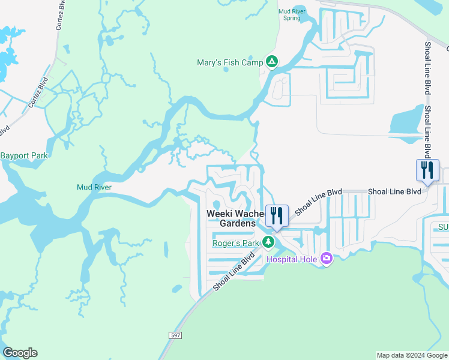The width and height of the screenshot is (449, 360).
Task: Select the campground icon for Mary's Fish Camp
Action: pyautogui.click(x=272, y=62)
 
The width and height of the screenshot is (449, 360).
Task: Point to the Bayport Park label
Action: pyautogui.click(x=23, y=156)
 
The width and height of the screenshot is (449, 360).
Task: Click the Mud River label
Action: pyautogui.click(x=94, y=187)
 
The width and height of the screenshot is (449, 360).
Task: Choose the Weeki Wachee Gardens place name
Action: pyautogui.click(x=235, y=218)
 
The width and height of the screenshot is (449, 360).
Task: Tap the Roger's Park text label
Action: pyautogui.click(x=235, y=243)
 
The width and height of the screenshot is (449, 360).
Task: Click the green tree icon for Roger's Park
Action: pyautogui.click(x=269, y=242)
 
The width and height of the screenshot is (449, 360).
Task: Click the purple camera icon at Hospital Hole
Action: pyautogui.click(x=326, y=258)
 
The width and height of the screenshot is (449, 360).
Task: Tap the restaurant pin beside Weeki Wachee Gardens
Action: pyautogui.click(x=277, y=216)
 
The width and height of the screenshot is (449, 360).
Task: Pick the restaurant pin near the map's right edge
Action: pyautogui.click(x=427, y=170)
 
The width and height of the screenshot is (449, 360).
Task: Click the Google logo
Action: pyautogui.click(x=20, y=353)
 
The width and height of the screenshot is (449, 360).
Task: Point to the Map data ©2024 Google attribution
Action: pyautogui.click(x=412, y=355)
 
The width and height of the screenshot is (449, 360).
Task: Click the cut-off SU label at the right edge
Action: pyautogui.click(x=443, y=227)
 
